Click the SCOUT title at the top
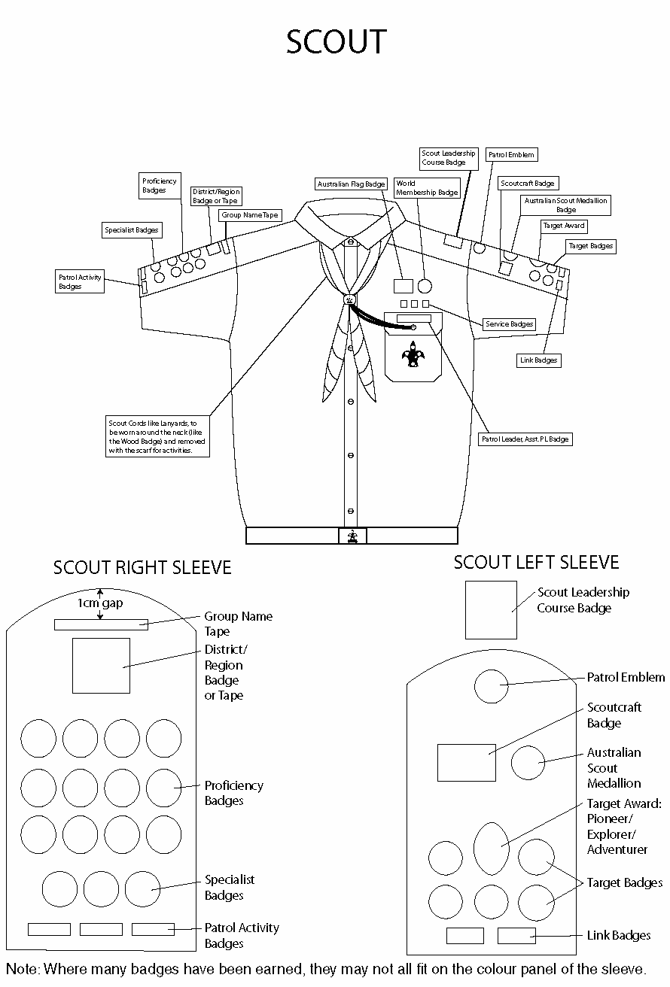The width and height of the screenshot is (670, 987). point(336,43)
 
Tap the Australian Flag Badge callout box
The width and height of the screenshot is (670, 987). point(351,184)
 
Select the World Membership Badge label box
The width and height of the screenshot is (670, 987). point(427,188)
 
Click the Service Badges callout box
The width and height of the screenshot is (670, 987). point(509,324)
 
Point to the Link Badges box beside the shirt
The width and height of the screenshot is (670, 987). point(538,360)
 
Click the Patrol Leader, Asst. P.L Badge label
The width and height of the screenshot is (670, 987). point(525,439)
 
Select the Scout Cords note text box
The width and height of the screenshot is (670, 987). point(157,437)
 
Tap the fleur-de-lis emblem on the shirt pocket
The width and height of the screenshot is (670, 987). point(412,354)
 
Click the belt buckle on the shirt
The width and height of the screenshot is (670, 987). point(352,536)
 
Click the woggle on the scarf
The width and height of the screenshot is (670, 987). point(349,299)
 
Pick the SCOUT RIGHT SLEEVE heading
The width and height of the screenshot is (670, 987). point(142,567)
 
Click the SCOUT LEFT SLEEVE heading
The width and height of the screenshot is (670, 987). point(536,562)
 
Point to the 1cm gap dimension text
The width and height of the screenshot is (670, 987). point(100,603)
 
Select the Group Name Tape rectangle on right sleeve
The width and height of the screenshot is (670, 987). point(101,624)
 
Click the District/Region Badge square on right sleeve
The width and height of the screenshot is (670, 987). point(101,665)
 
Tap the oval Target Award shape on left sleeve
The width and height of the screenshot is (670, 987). point(492,848)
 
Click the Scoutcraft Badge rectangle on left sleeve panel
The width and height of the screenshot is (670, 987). point(467,762)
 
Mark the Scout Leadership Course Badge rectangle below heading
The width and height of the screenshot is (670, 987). point(491,609)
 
